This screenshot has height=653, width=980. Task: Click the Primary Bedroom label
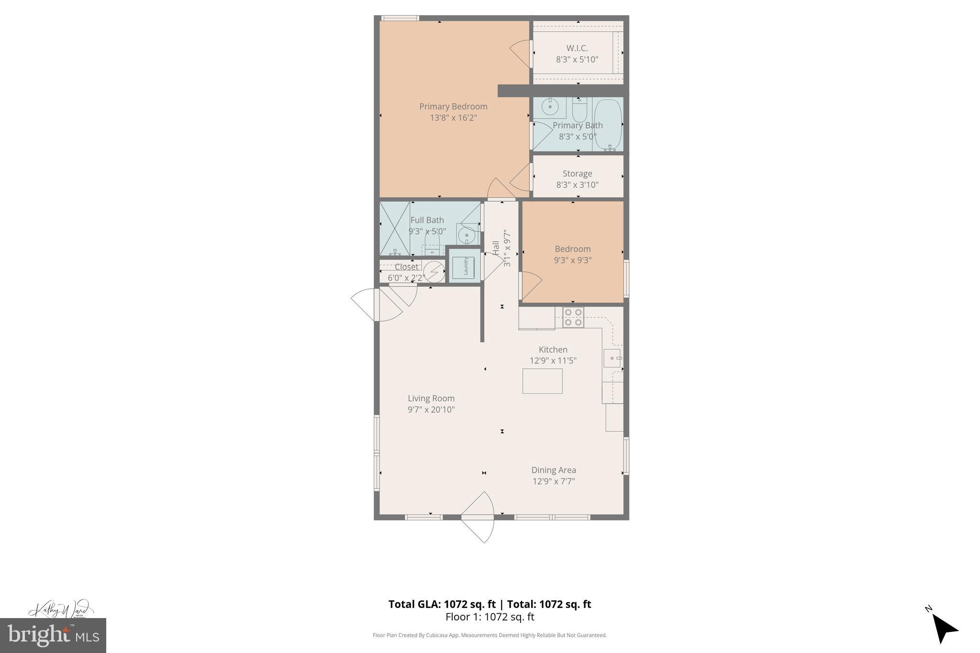click(x=453, y=107)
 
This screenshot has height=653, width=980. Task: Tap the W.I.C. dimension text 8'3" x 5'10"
click(x=577, y=60)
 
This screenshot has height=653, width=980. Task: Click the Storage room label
click(x=577, y=174)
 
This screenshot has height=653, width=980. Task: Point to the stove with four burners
click(x=573, y=317)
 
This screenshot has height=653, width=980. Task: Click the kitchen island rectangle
click(x=542, y=381)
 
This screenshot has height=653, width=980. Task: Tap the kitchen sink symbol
click(x=612, y=358)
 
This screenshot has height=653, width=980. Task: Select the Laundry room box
click(x=464, y=266)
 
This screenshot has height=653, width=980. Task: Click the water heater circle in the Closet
click(x=434, y=271)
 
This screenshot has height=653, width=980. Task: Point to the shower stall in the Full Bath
click(x=395, y=229)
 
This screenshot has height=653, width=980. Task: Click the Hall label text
click(x=496, y=248)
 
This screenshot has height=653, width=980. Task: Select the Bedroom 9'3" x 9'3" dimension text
click(x=573, y=260)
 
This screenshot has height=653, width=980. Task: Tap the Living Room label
click(x=431, y=398)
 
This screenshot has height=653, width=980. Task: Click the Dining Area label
click(x=553, y=470)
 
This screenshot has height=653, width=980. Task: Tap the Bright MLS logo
click(x=53, y=635)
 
